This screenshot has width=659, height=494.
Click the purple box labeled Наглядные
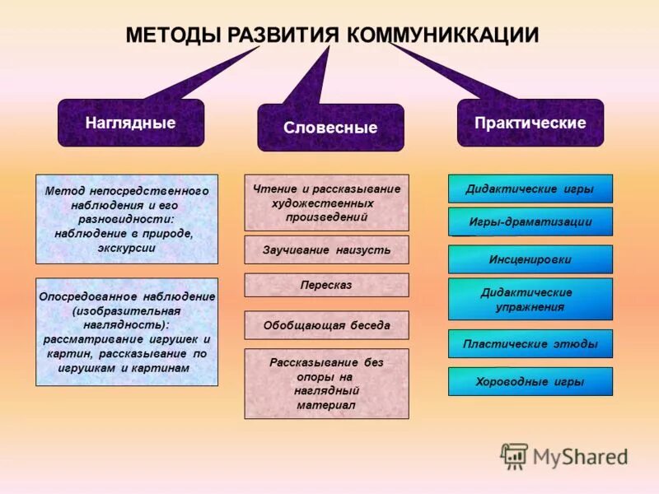pos(130,123)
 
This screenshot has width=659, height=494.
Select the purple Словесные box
pos(330,128)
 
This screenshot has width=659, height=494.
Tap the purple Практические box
pos(530,123)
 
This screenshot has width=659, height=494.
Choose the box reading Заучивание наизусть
pos(326,249)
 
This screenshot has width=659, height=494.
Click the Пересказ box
pos(326,285)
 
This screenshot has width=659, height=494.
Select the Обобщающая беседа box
pos(326,325)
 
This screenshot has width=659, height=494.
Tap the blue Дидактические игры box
pos(530,189)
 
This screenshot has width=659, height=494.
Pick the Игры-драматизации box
pos(530,221)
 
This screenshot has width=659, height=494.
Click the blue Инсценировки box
pos(530,259)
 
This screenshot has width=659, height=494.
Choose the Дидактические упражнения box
pos(530,299)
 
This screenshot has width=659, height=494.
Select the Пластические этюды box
pos(530,344)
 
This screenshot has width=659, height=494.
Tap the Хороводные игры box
pos(530,381)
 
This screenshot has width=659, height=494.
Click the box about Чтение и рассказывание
pos(326,203)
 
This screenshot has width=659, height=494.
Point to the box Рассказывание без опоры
pos(326,384)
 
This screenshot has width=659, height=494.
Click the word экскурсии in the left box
pos(126,247)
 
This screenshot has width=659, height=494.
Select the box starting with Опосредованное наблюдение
pos(127,332)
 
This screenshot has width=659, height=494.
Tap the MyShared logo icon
pos(515,455)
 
